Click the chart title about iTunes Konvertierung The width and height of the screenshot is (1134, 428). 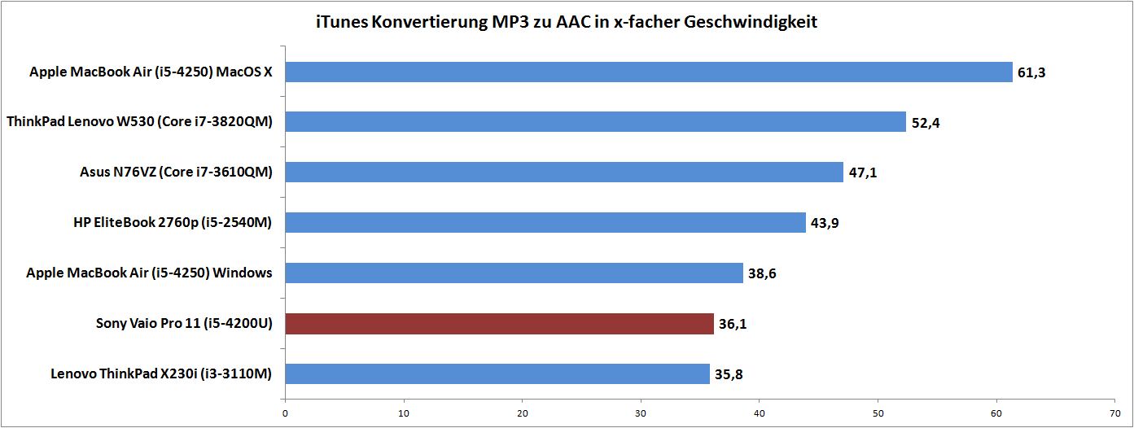coord(567,22)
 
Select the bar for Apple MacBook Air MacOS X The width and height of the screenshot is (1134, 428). coord(649,72)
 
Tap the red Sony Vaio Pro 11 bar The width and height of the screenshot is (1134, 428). coord(500,324)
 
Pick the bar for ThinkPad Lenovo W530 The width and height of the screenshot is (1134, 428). coord(596,122)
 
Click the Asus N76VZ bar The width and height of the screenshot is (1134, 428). coord(564,173)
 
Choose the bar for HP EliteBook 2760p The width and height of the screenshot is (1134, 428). coord(545,223)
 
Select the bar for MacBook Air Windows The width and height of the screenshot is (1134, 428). coord(514,273)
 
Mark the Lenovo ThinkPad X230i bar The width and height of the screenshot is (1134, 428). coord(497,374)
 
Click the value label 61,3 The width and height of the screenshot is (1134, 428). coord(1031,73)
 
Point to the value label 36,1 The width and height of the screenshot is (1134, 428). coord(733,325)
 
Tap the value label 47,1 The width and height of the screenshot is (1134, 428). coord(863,173)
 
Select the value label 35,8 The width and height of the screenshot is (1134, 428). coord(729,375)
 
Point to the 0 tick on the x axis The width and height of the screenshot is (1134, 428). coord(285,413)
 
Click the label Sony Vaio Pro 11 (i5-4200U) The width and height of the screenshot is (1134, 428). coord(184,324)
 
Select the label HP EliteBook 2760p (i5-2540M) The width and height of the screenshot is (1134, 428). coord(173,223)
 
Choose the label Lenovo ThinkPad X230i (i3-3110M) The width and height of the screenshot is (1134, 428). coord(161,374)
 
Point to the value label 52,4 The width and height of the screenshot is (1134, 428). coord(926,124)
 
